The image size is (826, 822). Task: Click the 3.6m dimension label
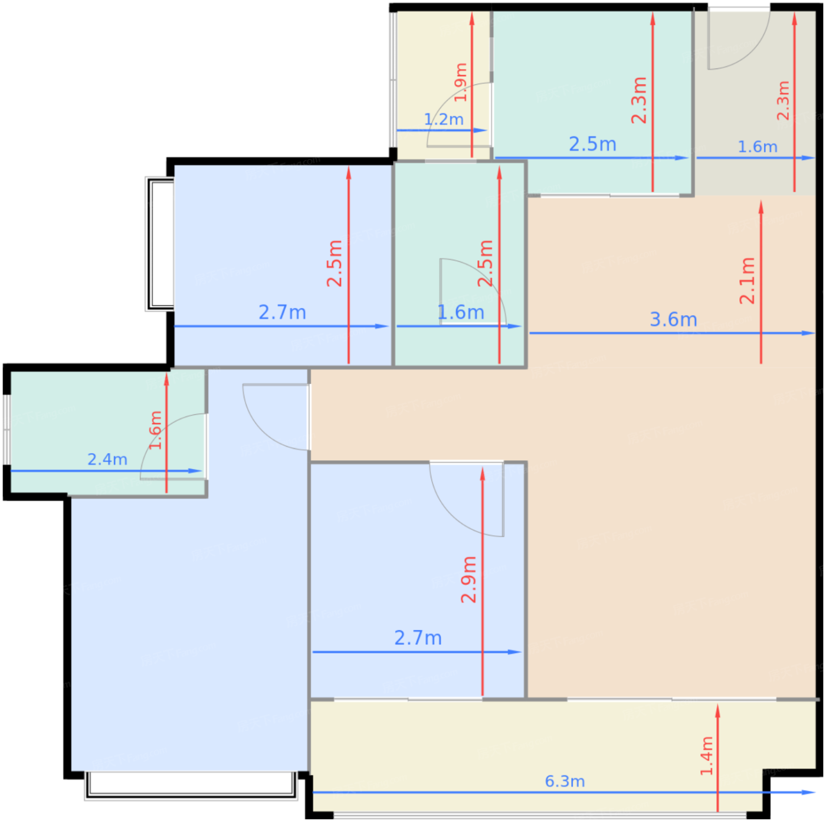click(673, 319)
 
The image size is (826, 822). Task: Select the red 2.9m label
click(468, 579)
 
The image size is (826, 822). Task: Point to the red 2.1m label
click(747, 281)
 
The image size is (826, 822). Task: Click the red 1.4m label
click(706, 755)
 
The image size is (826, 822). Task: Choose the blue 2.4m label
click(107, 459)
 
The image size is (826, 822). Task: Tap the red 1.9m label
click(460, 83)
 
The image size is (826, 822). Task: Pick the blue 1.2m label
click(443, 119)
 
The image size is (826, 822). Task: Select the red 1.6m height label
click(155, 430)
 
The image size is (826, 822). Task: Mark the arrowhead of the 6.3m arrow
click(809, 792)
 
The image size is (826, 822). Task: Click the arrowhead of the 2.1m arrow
click(761, 207)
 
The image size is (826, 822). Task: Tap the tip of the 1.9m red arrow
click(472, 12)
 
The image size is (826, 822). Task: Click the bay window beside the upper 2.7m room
click(159, 244)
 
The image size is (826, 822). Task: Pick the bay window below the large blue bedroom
click(191, 785)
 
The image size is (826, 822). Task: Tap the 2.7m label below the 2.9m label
click(418, 638)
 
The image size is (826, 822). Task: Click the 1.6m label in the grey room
click(757, 147)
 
